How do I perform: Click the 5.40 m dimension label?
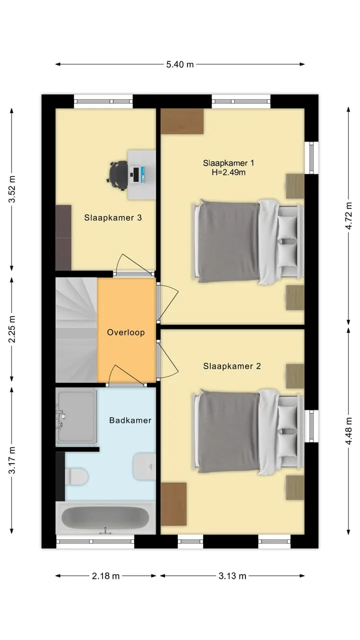point(180,64)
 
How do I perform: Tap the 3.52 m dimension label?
point(12,189)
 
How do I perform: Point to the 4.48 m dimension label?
point(348,431)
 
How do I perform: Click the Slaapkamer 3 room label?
point(113,217)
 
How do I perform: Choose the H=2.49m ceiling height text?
point(228,172)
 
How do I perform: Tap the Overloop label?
point(126,332)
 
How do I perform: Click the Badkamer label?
point(130,420)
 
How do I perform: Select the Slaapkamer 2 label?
point(232,366)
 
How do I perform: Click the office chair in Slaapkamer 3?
point(117,175)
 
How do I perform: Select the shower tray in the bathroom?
point(76,417)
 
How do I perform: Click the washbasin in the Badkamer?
point(144,466)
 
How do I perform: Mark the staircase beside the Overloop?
point(76,330)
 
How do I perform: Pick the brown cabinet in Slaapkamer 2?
point(173,504)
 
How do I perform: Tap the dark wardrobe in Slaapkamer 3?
point(63,237)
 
